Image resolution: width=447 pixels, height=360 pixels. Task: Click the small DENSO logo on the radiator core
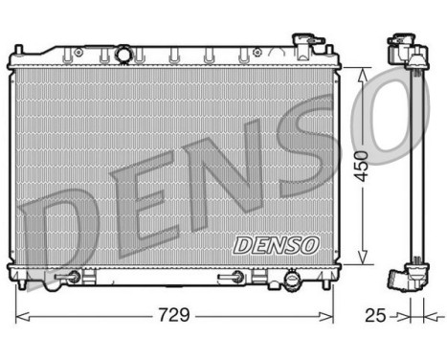pyautogui.click(x=275, y=244)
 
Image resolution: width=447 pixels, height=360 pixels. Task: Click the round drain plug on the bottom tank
pyautogui.click(x=288, y=283)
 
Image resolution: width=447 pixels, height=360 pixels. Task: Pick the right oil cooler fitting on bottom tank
pyautogui.click(x=233, y=278)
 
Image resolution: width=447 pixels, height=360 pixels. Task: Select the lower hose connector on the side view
pyautogui.click(x=399, y=280)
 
